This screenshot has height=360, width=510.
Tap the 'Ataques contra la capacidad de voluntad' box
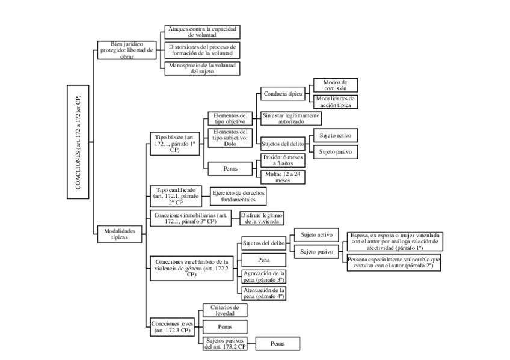[203, 32]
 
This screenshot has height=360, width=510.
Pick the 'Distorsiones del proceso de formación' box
[203, 50]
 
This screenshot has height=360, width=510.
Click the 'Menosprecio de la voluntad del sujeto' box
[203, 68]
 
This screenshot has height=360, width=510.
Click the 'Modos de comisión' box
[335, 85]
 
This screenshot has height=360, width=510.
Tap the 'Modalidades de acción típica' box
[335, 102]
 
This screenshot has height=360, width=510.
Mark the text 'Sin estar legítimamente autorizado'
[290, 118]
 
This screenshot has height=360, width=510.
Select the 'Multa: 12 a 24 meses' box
[281, 177]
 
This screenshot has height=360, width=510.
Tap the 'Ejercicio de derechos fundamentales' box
[237, 196]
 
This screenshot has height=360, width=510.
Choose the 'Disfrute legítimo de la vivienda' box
[260, 218]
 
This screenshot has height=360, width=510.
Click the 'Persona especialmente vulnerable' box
[395, 263]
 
